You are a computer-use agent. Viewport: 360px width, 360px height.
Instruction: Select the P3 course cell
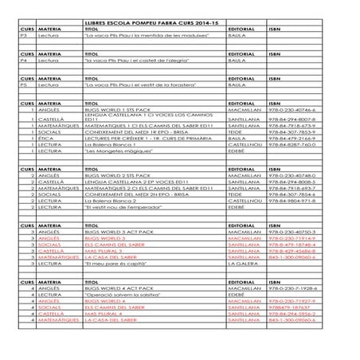pyautogui.click(x=23, y=35)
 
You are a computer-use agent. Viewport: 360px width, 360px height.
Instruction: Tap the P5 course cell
pyautogui.click(x=23, y=84)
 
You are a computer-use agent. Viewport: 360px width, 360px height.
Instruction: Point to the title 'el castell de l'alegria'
pyautogui.click(x=130, y=60)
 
